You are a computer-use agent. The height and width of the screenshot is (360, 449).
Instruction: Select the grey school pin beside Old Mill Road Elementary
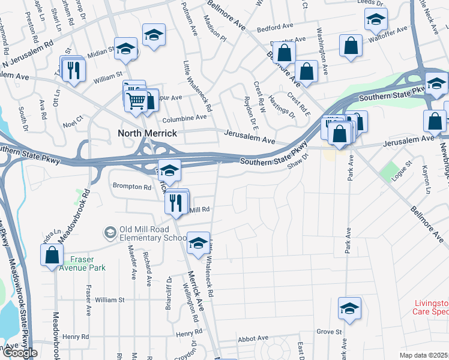(x=110, y=232)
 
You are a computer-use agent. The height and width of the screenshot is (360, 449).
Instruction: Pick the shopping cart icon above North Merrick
(x=136, y=100)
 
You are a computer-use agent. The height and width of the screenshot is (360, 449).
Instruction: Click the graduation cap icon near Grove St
(x=349, y=308)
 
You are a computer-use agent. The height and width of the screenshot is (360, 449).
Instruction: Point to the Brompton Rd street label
(x=131, y=187)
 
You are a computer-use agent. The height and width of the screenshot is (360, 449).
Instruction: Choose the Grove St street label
(x=329, y=332)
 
